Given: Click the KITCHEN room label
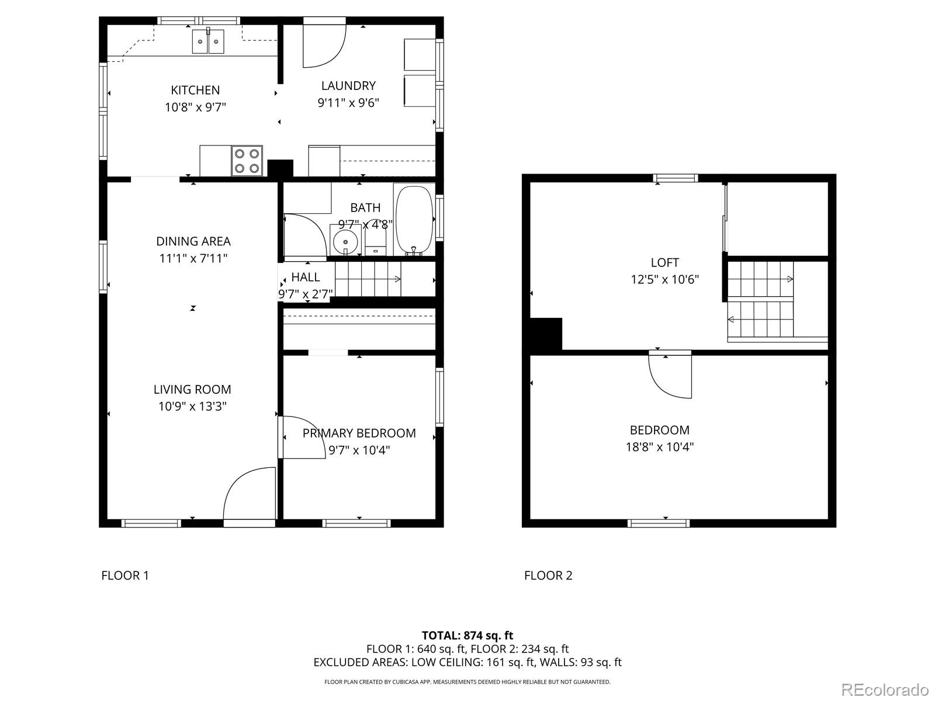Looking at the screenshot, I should (195, 90).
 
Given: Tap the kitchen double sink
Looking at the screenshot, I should (208, 41).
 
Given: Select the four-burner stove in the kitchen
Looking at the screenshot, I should (246, 161).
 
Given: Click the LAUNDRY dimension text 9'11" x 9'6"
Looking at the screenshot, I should (348, 103).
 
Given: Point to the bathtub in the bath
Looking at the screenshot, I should (414, 221).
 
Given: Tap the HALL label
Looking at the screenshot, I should (306, 277).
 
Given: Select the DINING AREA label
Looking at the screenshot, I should (193, 241).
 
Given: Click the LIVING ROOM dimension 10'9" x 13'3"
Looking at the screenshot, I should (192, 406).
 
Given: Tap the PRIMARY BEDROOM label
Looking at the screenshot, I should (359, 433).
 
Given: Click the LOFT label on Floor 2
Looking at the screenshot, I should (664, 263).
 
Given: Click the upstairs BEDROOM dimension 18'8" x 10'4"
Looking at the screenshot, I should (659, 447).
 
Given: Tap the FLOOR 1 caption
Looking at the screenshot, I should (125, 575).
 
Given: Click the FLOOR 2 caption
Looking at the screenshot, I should (548, 575).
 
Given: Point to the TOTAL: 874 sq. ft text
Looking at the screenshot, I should (467, 635).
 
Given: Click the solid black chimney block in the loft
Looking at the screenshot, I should (546, 334).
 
